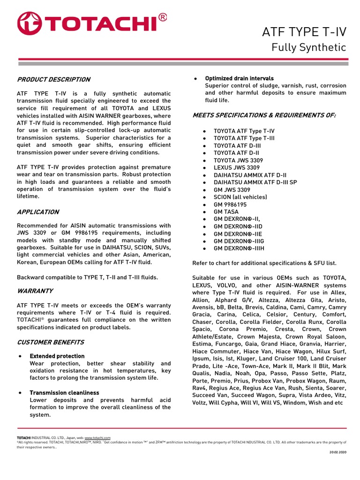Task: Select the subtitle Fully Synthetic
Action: pyautogui.click(x=309, y=48)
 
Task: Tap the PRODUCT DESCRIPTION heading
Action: pyautogui.click(x=53, y=79)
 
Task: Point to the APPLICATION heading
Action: pyautogui.click(x=38, y=212)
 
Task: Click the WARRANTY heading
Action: pyautogui.click(x=35, y=291)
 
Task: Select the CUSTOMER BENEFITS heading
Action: pyautogui.click(x=50, y=342)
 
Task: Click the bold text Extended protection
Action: pyautogui.click(x=57, y=356)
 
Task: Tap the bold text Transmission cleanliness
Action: pyautogui.click(x=64, y=393)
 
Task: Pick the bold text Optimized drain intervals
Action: pyautogui.click(x=239, y=78)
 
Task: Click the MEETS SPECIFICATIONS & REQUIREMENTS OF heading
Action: pyautogui.click(x=264, y=115)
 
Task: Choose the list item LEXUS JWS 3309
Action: pyautogui.click(x=236, y=167)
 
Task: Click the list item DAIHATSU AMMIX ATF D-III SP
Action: pyautogui.click(x=255, y=182)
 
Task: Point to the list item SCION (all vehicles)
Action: pyautogui.click(x=240, y=197)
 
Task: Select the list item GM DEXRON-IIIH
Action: pyautogui.click(x=239, y=248)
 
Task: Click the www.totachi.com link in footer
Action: pyautogui.click(x=97, y=438)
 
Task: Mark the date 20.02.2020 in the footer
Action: pyautogui.click(x=337, y=452)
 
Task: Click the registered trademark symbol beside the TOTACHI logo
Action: pyautogui.click(x=162, y=17)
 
